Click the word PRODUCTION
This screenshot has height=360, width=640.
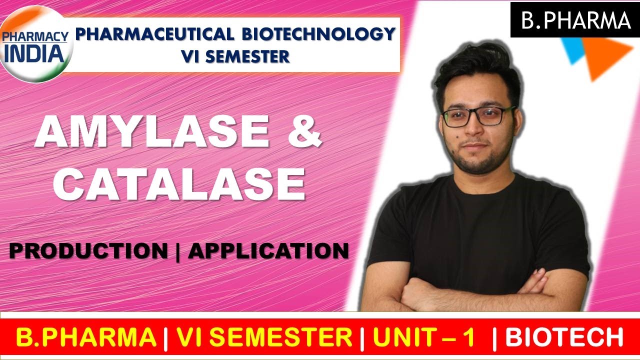(88, 251)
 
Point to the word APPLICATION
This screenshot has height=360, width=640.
(268, 251)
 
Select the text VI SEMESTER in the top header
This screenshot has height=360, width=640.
(235, 56)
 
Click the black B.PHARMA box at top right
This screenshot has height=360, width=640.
(575, 20)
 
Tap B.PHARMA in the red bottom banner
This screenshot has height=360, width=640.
(86, 337)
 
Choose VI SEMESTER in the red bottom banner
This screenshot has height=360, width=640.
(264, 337)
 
